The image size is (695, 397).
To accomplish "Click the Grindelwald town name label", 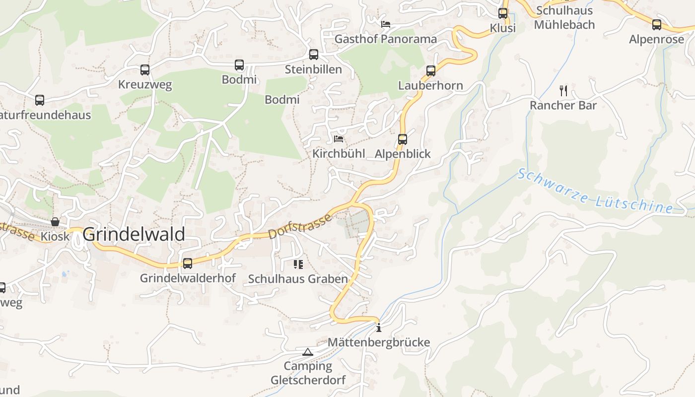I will pos(134,234).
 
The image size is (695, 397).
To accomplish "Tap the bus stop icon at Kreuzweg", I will pos(145,70).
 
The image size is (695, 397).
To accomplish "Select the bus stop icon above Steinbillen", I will pos(314,55).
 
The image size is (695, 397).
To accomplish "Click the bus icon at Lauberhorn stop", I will pos(431,71).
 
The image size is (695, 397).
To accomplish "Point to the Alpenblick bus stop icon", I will pos(403,139).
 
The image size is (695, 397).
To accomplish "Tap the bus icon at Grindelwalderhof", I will pos(188,264).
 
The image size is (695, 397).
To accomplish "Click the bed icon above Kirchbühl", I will pos(339,138).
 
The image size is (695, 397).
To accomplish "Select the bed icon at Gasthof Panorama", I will pos(386,24).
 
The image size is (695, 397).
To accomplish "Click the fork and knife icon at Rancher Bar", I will pos(563,90).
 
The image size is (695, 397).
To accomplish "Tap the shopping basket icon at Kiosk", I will pos(55,222).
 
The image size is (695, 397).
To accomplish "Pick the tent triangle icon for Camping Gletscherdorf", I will pos(308,352).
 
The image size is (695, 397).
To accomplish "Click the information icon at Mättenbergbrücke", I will pos(379,328).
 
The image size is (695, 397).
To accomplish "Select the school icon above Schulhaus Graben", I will pos(298,264).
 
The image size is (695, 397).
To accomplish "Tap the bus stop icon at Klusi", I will pos(503,13).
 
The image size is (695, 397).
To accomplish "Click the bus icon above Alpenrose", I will pos(657,24).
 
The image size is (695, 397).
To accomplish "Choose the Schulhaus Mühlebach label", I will pos(564,17).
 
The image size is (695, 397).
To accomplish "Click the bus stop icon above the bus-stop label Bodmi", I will pos(239,65).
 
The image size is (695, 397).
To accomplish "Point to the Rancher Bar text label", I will pos(563,105).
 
